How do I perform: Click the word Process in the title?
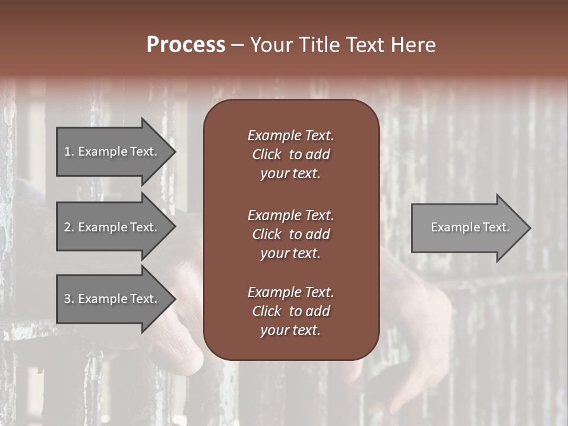pos(186,45)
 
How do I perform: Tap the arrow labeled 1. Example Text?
pos(112,151)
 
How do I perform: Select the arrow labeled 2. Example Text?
pos(112,227)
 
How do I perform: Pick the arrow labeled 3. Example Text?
pos(112,299)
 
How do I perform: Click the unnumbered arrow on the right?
pos(467,228)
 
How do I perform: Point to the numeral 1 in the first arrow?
pos(67,151)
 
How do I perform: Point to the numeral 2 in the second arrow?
pos(67,227)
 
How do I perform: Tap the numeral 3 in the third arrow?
pos(67,299)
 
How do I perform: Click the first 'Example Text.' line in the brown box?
pos(291,135)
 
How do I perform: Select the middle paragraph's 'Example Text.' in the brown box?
pos(291,215)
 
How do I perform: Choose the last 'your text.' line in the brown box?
pos(291,331)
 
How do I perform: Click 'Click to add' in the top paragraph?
pos(291,154)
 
